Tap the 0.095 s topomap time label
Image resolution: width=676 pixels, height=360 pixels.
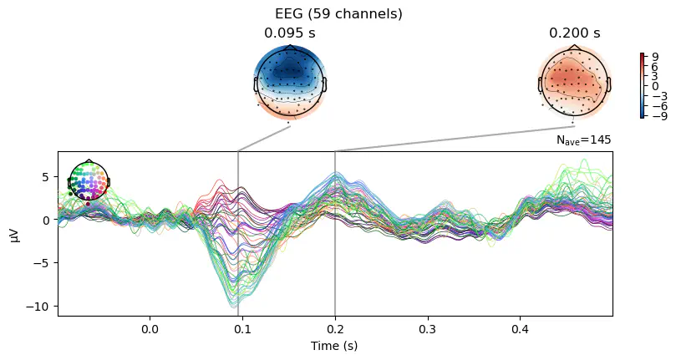click(x=290, y=33)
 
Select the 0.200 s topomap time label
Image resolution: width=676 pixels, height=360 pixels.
click(x=575, y=33)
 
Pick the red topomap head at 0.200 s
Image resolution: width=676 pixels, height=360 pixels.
click(x=575, y=81)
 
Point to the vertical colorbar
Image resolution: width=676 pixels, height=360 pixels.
click(x=642, y=86)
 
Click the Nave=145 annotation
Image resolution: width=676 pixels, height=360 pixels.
click(x=584, y=141)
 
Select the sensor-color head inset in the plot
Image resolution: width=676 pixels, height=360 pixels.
click(x=89, y=183)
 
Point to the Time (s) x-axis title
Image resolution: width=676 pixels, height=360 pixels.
click(x=335, y=345)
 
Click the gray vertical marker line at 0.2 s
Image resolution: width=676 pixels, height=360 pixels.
click(x=335, y=251)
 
